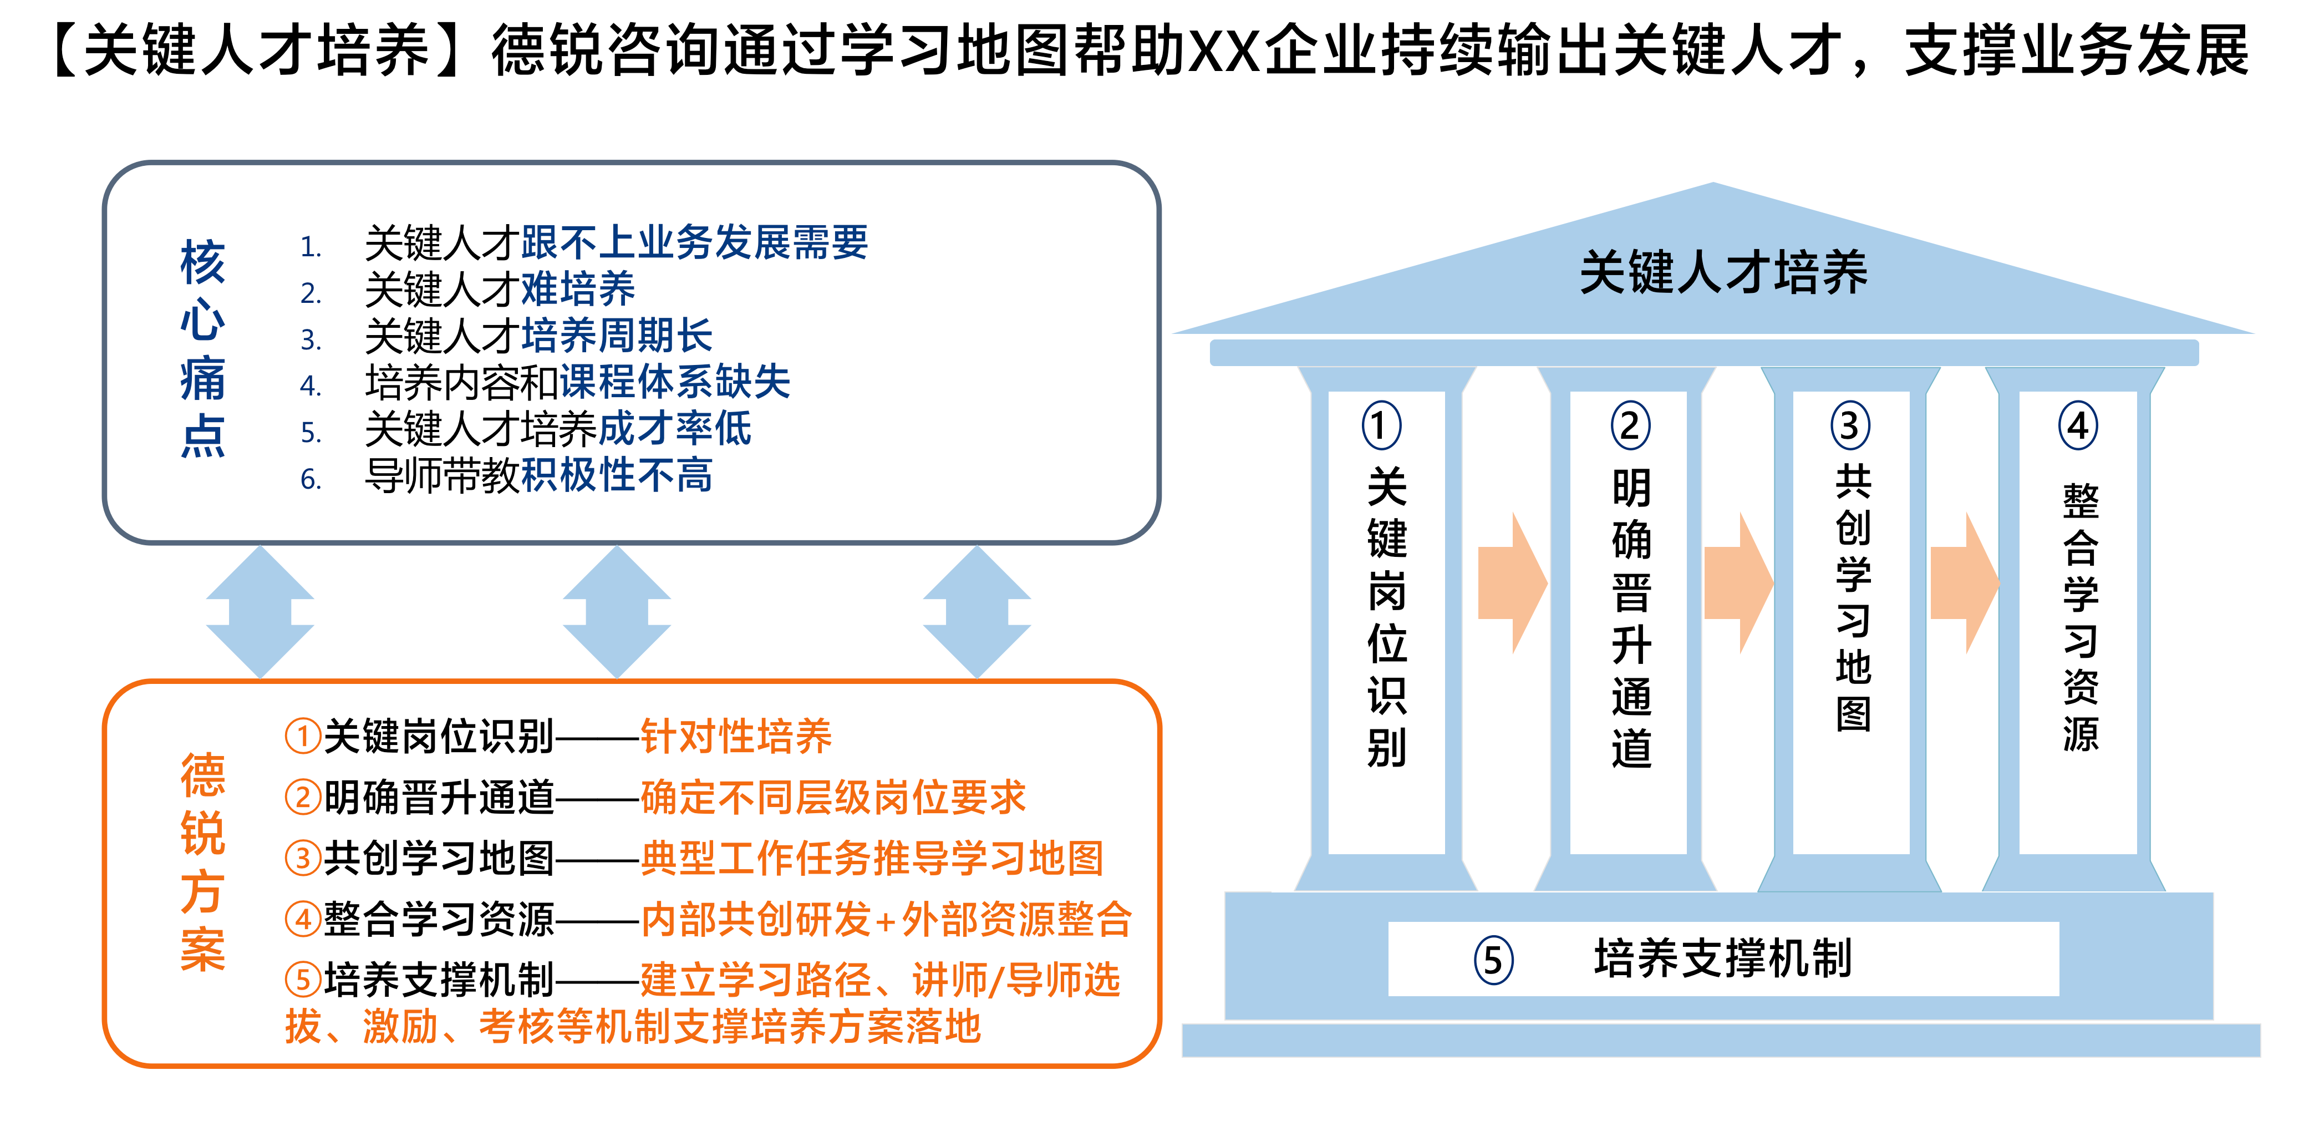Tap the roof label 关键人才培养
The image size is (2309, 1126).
[1723, 272]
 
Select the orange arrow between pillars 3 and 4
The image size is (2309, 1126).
[1965, 583]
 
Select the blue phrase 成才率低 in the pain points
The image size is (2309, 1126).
[675, 429]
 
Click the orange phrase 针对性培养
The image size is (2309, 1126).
[736, 737]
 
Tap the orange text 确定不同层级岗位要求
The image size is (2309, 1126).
[833, 798]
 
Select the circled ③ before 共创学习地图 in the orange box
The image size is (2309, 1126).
[303, 858]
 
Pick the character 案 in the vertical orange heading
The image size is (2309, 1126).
[202, 950]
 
